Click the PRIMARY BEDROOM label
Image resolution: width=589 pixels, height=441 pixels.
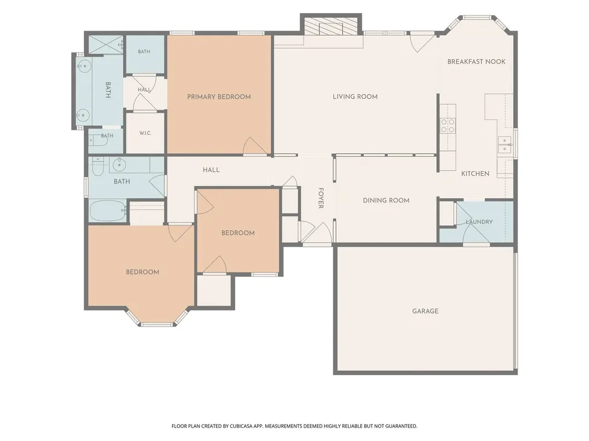pos(219,96)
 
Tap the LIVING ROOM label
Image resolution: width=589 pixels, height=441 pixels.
pos(355,96)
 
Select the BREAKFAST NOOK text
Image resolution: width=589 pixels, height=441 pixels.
pos(476,61)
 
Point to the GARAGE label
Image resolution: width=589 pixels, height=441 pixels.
pos(425,311)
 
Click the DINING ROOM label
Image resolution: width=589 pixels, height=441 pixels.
pos(386,200)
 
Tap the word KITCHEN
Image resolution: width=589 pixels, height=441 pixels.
pos(475,173)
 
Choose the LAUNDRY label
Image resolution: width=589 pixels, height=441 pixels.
pos(479,222)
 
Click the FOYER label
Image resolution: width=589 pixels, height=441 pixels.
pos(321,198)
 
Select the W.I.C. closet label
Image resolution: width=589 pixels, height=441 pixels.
pos(146,133)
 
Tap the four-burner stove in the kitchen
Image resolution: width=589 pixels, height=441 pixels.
pos(448,126)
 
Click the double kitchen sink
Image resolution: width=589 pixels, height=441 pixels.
pos(504,144)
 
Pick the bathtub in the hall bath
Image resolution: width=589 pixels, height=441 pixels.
pos(108,211)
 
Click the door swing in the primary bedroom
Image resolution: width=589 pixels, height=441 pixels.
pos(255,146)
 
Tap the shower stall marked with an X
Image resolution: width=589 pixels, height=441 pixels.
pos(106,45)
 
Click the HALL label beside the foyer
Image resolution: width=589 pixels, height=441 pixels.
pos(211,170)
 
